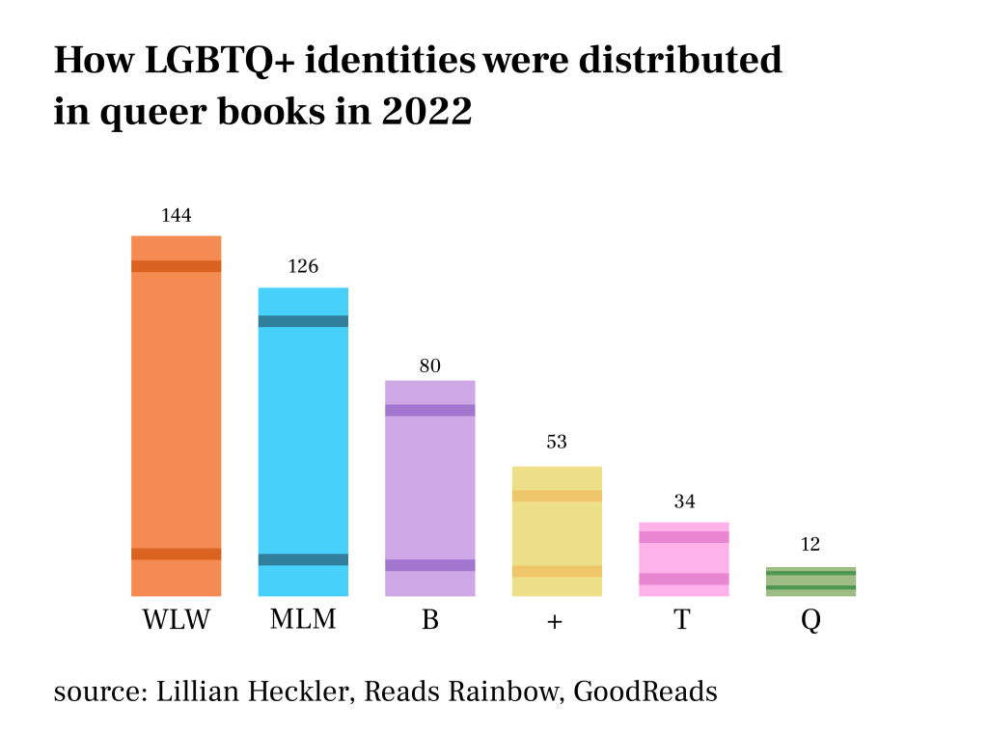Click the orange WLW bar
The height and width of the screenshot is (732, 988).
pyautogui.click(x=177, y=415)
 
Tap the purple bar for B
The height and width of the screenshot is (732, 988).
pyautogui.click(x=430, y=487)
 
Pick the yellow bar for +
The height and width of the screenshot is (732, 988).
pyautogui.click(x=557, y=530)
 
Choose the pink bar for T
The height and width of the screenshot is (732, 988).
pyautogui.click(x=683, y=558)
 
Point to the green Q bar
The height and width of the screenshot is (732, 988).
pyautogui.click(x=810, y=581)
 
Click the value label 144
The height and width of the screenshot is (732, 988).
pyautogui.click(x=177, y=215)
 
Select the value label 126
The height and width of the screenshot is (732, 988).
pyautogui.click(x=303, y=266)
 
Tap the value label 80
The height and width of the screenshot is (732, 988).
pyautogui.click(x=430, y=366)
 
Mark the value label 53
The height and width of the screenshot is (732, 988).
pyautogui.click(x=557, y=443)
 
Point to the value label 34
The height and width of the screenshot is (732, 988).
pyautogui.click(x=684, y=502)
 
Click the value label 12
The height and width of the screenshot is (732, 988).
pyautogui.click(x=810, y=545)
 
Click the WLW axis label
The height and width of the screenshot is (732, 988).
pyautogui.click(x=177, y=619)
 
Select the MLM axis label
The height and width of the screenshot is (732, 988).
pyautogui.click(x=303, y=619)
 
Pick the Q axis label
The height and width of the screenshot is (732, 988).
pyautogui.click(x=810, y=621)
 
